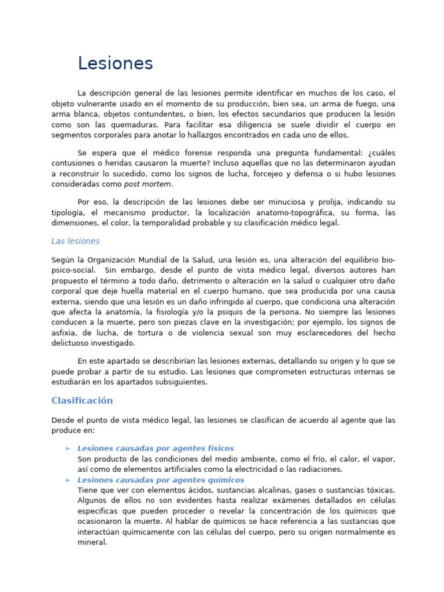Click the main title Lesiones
115,64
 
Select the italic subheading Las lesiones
75,241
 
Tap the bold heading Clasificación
82,401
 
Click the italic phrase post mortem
147,184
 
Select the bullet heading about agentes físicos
156,448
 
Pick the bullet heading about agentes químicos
161,480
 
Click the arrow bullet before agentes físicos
68,449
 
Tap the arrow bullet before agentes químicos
68,480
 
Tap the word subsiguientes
179,382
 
